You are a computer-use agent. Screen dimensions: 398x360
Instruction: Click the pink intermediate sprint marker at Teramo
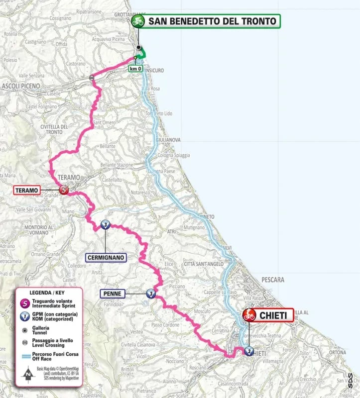click(64, 190)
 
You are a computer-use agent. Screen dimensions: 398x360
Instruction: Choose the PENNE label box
click(114, 294)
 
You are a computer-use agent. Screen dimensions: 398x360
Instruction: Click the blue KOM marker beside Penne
click(150, 294)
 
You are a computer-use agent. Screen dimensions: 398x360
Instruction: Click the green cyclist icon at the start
click(137, 21)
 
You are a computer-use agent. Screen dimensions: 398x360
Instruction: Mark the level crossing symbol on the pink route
click(92, 77)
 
